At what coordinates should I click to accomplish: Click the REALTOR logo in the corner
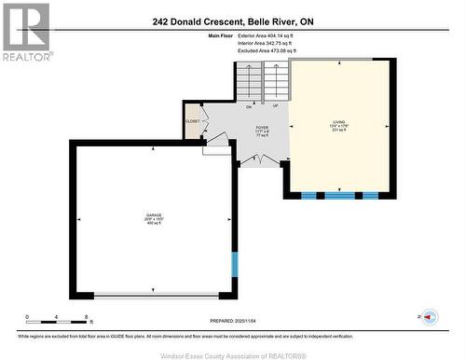(25, 30)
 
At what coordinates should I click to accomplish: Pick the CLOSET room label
(193, 121)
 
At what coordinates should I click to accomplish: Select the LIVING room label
(337, 122)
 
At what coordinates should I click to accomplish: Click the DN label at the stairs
(250, 106)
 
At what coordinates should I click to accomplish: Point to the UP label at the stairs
(275, 106)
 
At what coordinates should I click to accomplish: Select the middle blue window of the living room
(337, 195)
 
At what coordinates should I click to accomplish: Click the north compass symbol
(429, 317)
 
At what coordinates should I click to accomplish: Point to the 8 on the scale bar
(86, 317)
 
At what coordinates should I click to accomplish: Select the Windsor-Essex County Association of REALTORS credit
(232, 353)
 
